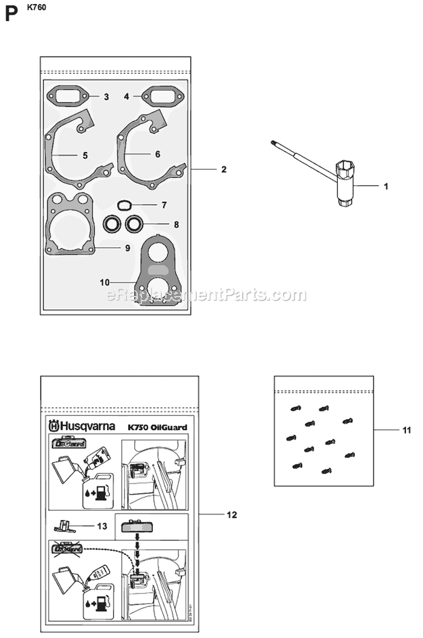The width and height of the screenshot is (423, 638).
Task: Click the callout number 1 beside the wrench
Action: click(x=386, y=186)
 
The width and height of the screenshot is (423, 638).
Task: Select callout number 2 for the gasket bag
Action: click(x=224, y=169)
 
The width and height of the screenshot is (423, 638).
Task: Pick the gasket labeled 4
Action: click(x=160, y=96)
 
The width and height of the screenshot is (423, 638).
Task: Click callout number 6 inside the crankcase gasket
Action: click(x=157, y=154)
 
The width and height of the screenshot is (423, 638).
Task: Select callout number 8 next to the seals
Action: click(x=177, y=224)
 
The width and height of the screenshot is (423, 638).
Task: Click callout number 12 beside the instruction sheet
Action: click(x=231, y=515)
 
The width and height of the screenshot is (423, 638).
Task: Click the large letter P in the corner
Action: click(x=10, y=14)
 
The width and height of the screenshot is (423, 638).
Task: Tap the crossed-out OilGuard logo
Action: click(x=68, y=548)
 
